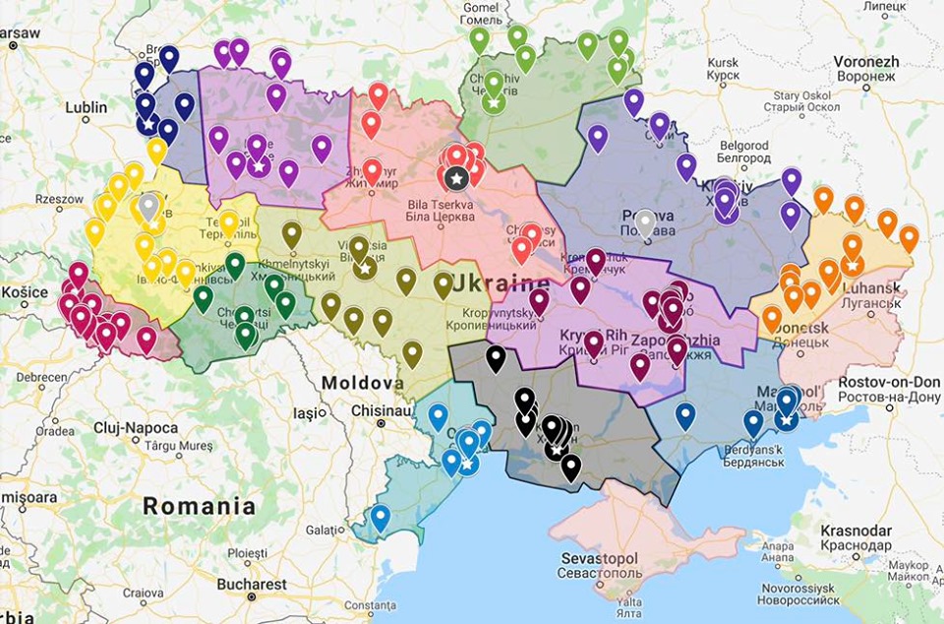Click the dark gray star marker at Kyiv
click(x=455, y=178)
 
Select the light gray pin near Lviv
click(x=148, y=207)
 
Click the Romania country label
click(x=199, y=507)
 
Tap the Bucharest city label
click(x=252, y=584)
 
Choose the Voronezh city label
click(x=865, y=61)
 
